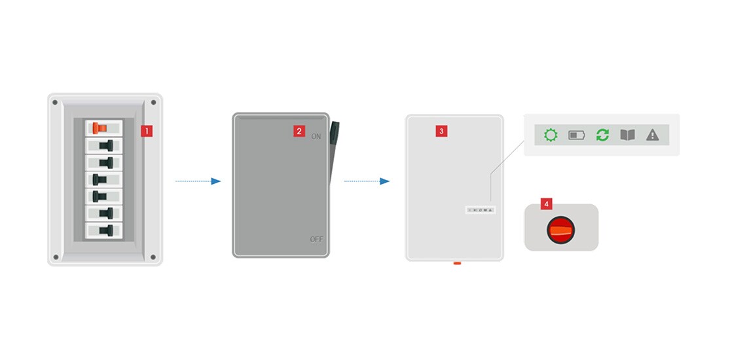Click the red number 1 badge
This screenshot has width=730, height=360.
coord(147,131)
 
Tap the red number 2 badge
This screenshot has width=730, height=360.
coord(299,131)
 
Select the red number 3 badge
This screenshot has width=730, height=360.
coord(441,131)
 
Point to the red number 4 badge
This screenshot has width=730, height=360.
coord(546,204)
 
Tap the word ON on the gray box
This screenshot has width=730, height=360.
coord(316,136)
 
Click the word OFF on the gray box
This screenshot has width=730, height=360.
coord(316,240)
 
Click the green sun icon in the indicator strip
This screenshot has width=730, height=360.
coord(551,135)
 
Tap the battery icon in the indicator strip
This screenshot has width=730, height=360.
coord(577,135)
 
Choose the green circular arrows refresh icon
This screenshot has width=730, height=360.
coord(602,135)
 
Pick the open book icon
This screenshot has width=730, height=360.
coord(627,135)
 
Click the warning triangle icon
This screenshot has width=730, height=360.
coord(653,135)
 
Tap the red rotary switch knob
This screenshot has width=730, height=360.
coord(560,228)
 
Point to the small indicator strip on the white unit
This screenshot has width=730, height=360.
coord(481,210)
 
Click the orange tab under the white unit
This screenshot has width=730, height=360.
coord(457,263)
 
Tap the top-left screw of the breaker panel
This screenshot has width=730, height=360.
coord(56,102)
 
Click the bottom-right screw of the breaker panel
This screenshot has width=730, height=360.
coord(153,257)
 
